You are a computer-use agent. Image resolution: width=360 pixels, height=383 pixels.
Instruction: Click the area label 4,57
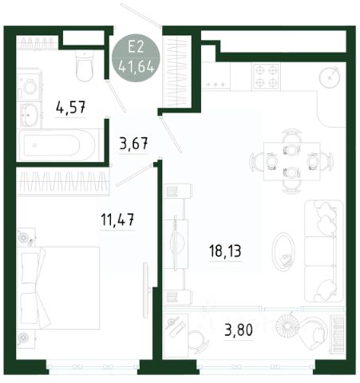pos(71,108)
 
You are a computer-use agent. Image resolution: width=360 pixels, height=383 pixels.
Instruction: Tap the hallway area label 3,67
pos(133,144)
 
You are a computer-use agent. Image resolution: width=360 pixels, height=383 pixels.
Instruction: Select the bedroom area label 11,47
pos(117,220)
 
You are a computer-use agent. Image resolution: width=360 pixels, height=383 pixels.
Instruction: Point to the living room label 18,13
pos(225,251)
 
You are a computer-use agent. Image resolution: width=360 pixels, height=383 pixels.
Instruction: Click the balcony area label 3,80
pos(239,330)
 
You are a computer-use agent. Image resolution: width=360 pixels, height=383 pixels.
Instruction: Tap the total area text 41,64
pos(136,67)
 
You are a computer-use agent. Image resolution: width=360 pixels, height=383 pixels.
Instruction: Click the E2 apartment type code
pos(136,46)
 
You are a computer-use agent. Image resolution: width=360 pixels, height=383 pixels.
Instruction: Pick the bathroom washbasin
pos(29,115)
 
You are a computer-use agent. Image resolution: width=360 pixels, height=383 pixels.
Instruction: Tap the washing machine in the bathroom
pos(30,85)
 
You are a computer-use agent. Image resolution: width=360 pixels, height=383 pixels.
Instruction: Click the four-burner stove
pos(266,77)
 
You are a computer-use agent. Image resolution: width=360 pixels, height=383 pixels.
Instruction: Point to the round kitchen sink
pos(330,77)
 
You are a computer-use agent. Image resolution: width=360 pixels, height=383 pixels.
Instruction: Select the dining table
pos(292,161)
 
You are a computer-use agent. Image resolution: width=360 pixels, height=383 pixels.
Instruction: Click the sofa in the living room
pos(323,251)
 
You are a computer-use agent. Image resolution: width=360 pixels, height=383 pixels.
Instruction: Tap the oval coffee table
pos(283,251)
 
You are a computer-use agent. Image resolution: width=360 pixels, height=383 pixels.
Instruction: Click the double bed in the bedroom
pos(59,288)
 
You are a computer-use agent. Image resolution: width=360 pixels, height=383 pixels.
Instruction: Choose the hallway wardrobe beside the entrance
pos(177,72)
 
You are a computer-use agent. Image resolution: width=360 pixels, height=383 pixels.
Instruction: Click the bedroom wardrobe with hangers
pos(63,182)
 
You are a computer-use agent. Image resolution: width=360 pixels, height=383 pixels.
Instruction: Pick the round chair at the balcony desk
pos(198,342)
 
